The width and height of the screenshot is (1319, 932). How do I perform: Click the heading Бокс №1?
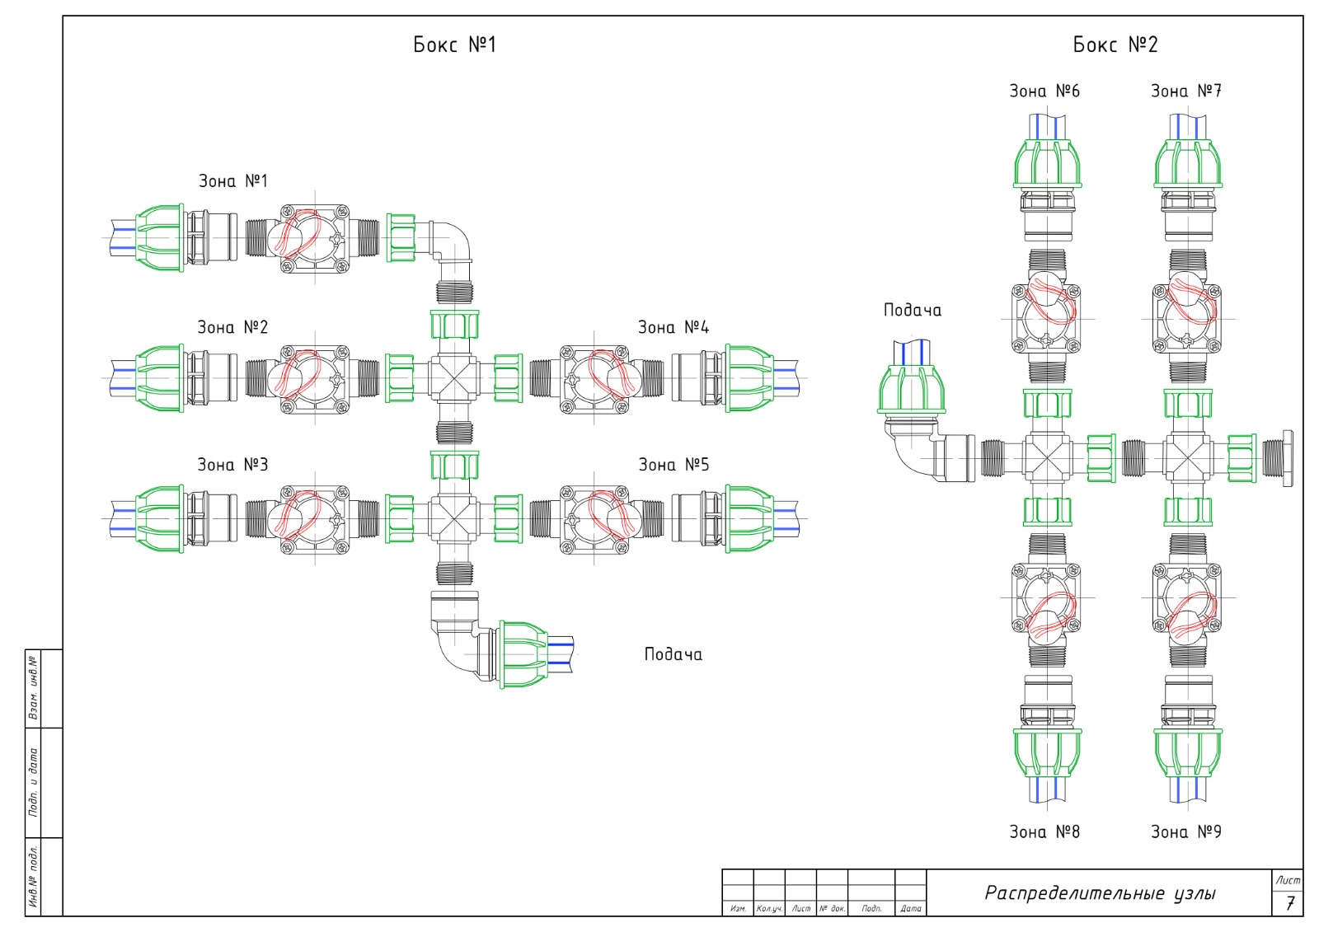(454, 44)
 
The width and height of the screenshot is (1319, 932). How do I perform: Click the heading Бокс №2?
(1115, 44)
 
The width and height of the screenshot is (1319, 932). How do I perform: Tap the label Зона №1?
(233, 180)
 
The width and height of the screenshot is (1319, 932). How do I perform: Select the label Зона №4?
(674, 327)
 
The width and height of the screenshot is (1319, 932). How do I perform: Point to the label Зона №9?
(1186, 832)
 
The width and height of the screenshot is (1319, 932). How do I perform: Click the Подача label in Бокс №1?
(673, 654)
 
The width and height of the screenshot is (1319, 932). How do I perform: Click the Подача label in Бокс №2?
(912, 311)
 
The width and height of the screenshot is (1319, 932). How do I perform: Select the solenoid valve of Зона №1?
(314, 238)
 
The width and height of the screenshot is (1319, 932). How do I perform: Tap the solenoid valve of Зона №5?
(594, 519)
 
